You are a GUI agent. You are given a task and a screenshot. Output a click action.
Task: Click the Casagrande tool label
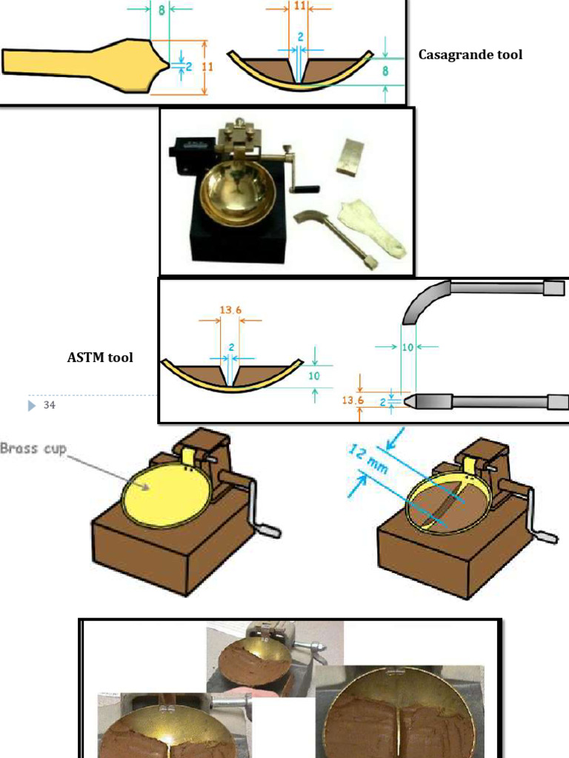pyautogui.click(x=470, y=55)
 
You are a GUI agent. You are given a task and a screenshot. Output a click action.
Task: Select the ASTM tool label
pyautogui.click(x=100, y=358)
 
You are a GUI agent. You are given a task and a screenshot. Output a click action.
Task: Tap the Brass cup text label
pyautogui.click(x=33, y=449)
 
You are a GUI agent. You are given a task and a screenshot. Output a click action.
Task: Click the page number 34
pyautogui.click(x=50, y=405)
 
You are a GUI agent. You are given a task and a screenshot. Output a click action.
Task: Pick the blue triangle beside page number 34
pyautogui.click(x=31, y=405)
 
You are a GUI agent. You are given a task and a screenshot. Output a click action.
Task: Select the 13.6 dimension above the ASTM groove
pyautogui.click(x=230, y=310)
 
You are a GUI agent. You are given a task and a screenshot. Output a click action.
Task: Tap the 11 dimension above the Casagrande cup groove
pyautogui.click(x=299, y=5)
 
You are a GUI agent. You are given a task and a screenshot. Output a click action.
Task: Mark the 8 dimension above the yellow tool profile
pyautogui.click(x=161, y=9)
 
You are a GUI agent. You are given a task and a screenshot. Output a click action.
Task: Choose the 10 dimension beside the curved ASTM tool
pyautogui.click(x=407, y=347)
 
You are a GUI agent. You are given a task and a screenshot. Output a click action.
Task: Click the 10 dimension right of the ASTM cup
pyautogui.click(x=314, y=375)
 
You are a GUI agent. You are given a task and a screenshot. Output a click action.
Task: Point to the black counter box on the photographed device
pyautogui.click(x=184, y=152)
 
